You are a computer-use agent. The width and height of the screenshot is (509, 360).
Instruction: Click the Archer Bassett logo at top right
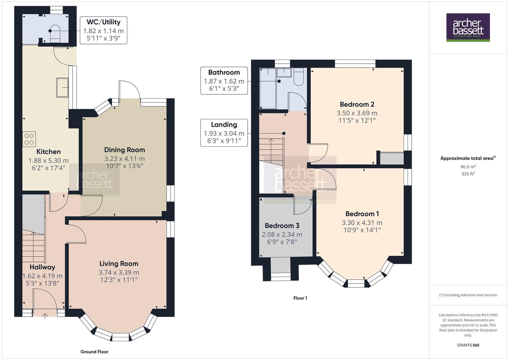coord(468,27)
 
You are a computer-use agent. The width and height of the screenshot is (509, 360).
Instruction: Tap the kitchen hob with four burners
coord(29,139)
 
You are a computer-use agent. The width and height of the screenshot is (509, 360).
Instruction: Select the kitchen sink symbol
coord(62,87)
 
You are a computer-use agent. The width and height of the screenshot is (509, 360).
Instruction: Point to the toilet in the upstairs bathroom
coord(299,77)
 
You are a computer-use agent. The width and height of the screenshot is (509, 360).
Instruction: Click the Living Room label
coord(119,264)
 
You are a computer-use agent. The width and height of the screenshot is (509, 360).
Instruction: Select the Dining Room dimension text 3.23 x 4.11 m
coord(124,159)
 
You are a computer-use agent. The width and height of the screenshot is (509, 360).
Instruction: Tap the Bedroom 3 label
coord(282,226)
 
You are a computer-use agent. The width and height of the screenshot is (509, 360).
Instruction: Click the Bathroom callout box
coord(224,81)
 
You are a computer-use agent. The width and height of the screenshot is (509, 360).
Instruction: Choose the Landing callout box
coord(224,133)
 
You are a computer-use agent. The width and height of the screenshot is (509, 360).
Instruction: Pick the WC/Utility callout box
coord(103,31)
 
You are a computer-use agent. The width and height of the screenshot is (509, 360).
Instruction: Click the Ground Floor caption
coord(94,352)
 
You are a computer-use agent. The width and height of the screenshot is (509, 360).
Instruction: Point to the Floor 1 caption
coord(300,298)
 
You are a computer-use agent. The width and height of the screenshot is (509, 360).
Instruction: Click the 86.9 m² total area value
coord(468,167)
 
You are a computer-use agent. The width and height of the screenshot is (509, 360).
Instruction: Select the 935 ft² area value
coord(468,174)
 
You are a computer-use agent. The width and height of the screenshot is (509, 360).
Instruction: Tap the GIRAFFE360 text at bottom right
coord(468,345)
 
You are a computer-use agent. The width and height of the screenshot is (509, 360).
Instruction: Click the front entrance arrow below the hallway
coord(45,316)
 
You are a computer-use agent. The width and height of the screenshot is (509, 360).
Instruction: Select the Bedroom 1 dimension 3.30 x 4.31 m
coord(362,223)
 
